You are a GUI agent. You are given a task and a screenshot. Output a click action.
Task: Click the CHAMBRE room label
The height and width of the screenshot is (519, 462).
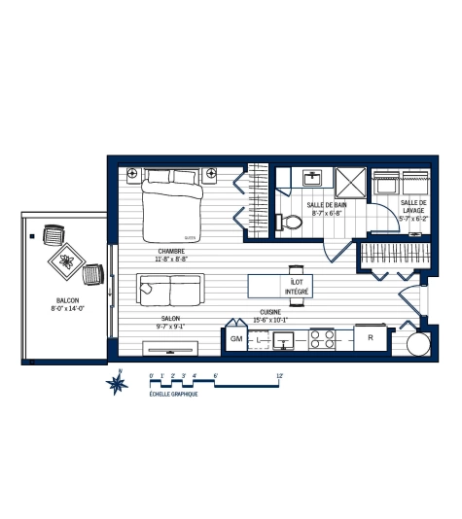pos(171,251)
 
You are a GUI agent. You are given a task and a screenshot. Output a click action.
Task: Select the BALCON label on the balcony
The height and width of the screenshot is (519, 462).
pos(67,300)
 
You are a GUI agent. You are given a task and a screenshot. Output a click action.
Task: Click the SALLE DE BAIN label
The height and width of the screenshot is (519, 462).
pos(327,205)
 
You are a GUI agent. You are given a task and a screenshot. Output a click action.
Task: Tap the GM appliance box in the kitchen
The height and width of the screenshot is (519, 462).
pos(236,339)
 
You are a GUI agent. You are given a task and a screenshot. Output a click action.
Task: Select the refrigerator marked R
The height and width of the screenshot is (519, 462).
pos(371,338)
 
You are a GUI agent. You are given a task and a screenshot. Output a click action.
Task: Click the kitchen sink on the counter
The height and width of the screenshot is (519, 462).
pos(284,340)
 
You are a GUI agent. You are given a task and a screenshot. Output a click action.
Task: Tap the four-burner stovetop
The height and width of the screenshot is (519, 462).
pos(323,339)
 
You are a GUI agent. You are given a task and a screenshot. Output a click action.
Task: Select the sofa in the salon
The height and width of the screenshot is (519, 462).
pos(170,288)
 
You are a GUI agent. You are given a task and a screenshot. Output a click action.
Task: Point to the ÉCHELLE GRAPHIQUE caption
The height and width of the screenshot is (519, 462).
pos(174,395)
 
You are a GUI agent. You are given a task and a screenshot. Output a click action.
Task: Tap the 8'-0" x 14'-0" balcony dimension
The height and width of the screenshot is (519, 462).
pos(67,308)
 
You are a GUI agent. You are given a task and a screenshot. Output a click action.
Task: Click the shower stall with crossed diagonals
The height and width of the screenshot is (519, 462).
pos(349,181)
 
